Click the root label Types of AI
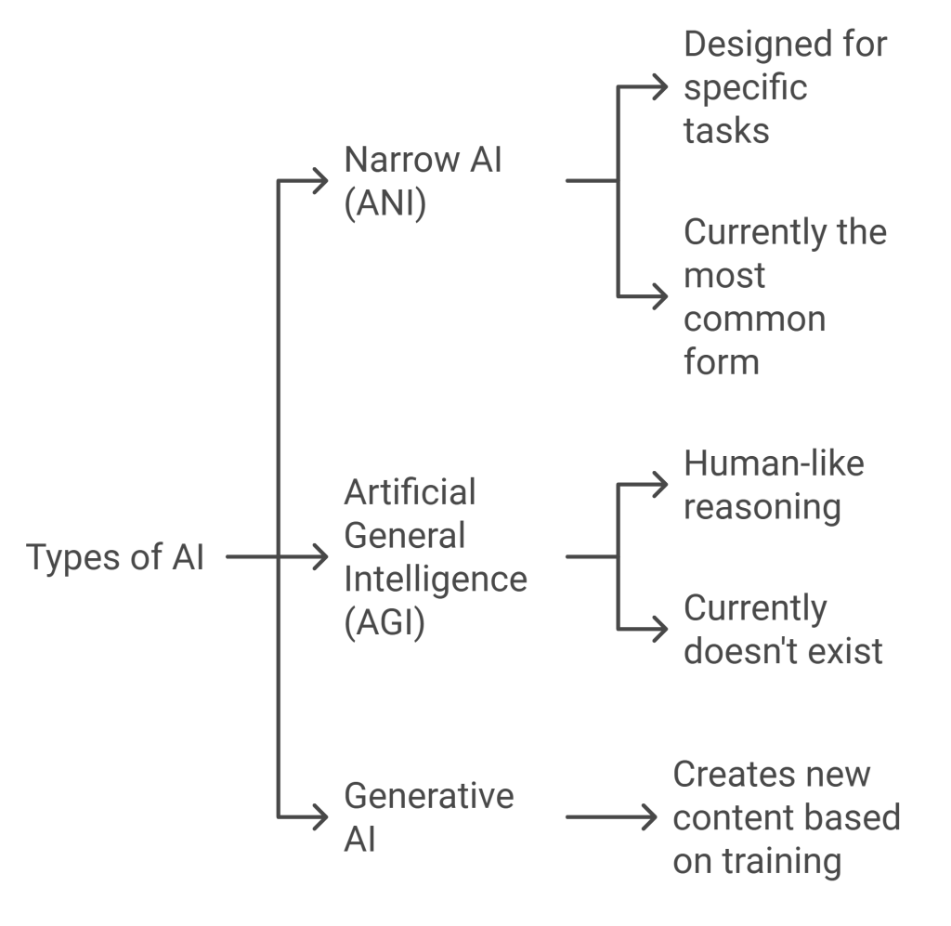[x=115, y=558]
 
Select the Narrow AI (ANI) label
[x=423, y=182]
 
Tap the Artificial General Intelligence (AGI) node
[x=435, y=557]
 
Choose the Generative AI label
[x=428, y=818]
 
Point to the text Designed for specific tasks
[x=785, y=87]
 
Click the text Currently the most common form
[x=785, y=296]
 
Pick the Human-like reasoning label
[x=774, y=486]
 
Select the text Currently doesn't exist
[x=783, y=630]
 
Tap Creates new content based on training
[x=786, y=818]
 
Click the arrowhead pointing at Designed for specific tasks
[x=661, y=87]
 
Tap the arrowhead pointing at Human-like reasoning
[x=661, y=484]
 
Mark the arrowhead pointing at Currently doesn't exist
[x=661, y=629]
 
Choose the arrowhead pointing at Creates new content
[x=650, y=817]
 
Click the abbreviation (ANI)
[x=384, y=204]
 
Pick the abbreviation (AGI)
[x=384, y=623]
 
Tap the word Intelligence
[x=435, y=579]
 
